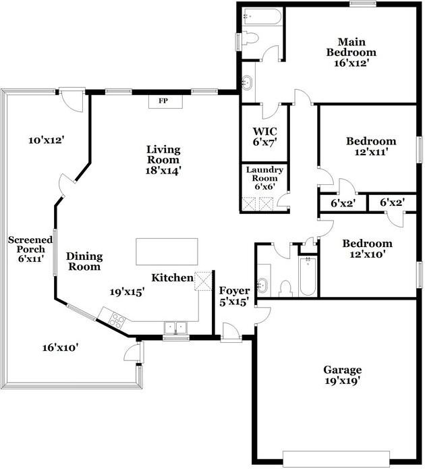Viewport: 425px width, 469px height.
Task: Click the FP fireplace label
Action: point(163,101)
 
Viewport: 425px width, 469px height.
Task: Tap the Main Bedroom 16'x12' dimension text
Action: point(351,63)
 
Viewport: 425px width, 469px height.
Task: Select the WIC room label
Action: point(264,132)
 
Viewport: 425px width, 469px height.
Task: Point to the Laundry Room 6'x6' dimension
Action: point(264,187)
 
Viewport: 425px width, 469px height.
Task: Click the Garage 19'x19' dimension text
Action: point(343,381)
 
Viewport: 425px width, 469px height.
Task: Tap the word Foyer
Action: point(234,291)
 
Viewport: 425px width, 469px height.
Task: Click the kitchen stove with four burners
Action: point(117,321)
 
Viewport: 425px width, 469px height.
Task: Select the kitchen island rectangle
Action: point(167,252)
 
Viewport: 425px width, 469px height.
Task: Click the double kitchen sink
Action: point(176,328)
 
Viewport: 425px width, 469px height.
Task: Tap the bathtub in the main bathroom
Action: point(262,16)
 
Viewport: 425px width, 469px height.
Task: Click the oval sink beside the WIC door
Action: point(248,82)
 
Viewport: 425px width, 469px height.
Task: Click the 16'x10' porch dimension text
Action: point(61,348)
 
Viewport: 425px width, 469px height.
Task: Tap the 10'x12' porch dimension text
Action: point(47,140)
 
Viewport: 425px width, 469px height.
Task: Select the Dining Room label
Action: point(84,261)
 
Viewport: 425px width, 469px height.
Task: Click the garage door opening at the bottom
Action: point(336,459)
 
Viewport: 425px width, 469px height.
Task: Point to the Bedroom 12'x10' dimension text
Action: point(367,254)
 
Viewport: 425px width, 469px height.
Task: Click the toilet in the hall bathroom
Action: point(285,288)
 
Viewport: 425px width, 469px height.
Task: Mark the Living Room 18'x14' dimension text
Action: point(163,171)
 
